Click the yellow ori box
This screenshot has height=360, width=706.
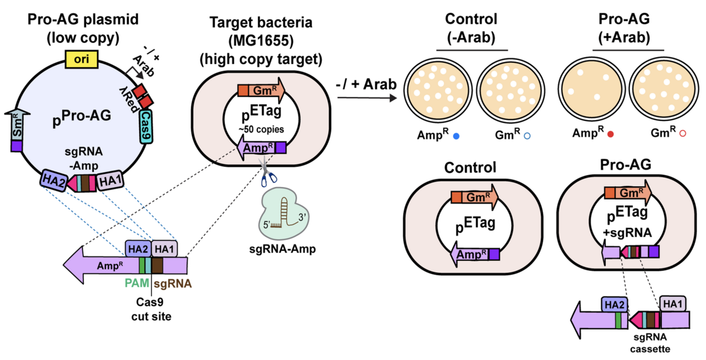click(82, 60)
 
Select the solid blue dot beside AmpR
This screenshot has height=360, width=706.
click(455, 135)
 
